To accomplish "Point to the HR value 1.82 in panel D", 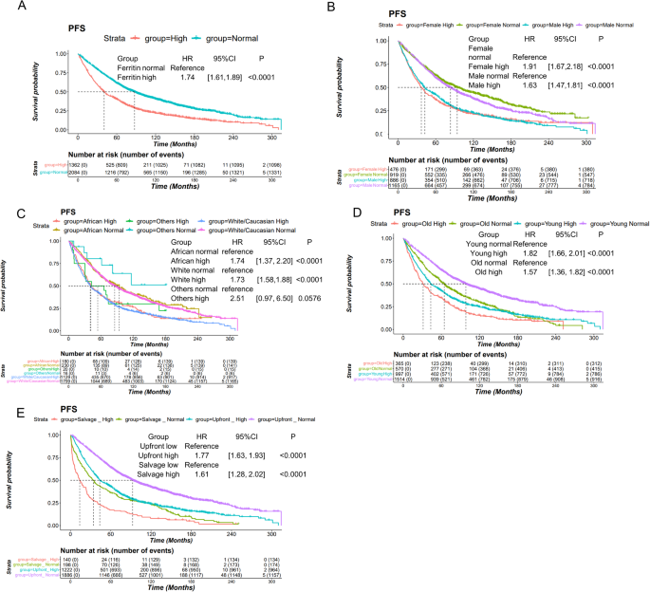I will pyautogui.click(x=531, y=257).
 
